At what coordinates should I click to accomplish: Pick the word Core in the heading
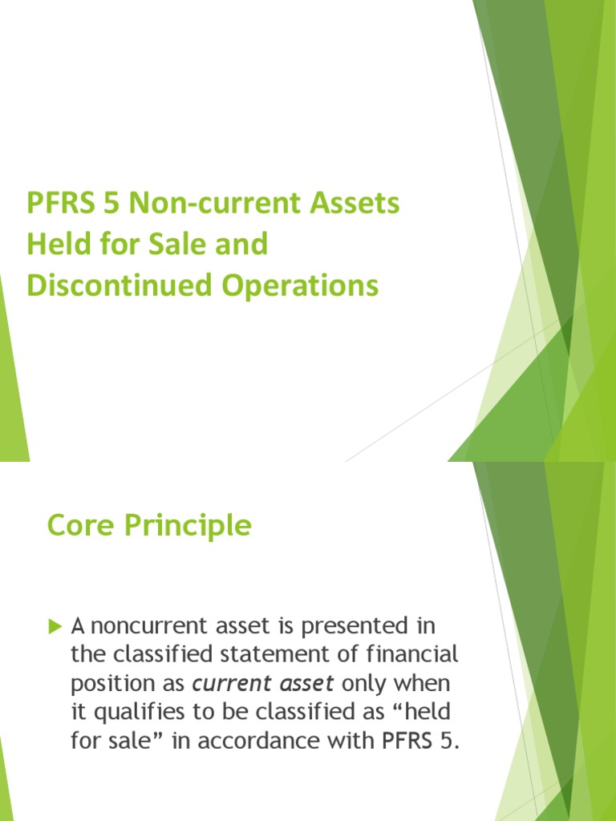pyautogui.click(x=77, y=526)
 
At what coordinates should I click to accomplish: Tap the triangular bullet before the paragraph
pyautogui.click(x=55, y=625)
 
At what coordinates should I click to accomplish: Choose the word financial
pyautogui.click(x=412, y=655)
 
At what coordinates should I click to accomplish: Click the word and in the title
pyautogui.click(x=242, y=245)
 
